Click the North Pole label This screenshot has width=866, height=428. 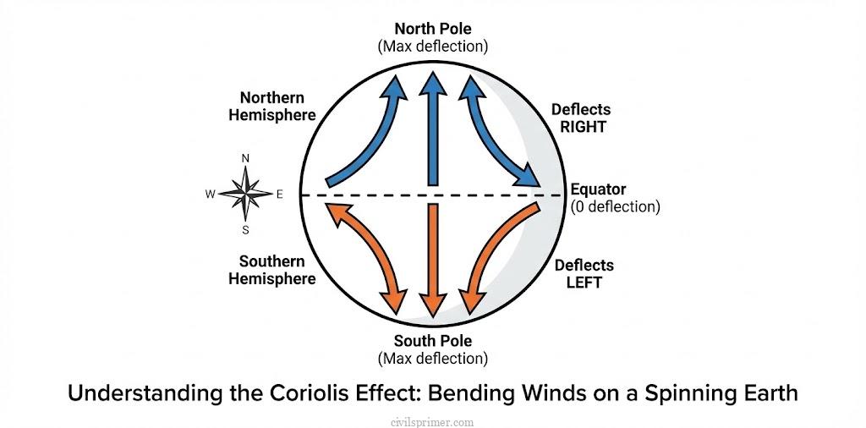pos(432,28)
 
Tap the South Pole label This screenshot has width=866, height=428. pos(432,342)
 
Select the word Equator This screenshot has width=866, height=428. pos(598,189)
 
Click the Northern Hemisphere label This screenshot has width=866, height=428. pos(271,107)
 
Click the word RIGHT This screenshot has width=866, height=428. pos(584,127)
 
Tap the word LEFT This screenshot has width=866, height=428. pos(584,283)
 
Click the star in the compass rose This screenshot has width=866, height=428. pos(245,194)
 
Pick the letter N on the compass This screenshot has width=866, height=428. pos(245,158)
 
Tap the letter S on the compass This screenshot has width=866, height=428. pos(245,230)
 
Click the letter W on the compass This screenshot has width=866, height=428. pos(210,194)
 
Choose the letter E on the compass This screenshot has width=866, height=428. pos(280,194)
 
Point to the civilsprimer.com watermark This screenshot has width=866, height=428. pos(433,420)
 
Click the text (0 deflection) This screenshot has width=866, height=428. pos(615,206)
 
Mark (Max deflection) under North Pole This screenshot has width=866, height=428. pos(432,46)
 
